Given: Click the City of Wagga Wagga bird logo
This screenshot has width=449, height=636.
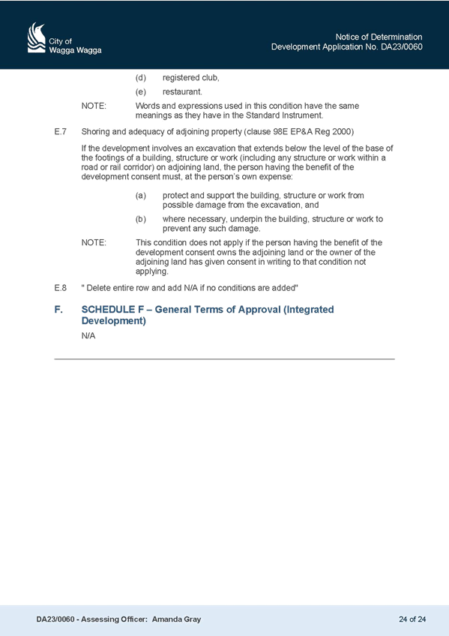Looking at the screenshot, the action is click(x=37, y=37).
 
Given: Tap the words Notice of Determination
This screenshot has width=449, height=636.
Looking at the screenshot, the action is click(x=379, y=37).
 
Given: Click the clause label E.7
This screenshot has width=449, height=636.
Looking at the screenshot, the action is click(x=61, y=131).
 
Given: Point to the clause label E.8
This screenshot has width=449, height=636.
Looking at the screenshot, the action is click(x=61, y=288).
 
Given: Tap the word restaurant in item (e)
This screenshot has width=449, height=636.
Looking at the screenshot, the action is click(x=182, y=91).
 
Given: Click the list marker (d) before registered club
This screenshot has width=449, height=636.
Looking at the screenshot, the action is click(x=141, y=77).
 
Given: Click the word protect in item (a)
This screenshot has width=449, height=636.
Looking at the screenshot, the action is click(x=175, y=196).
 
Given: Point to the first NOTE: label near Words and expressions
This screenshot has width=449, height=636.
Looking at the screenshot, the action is click(x=94, y=106).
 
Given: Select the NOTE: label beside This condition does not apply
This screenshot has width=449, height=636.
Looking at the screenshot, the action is click(x=94, y=242).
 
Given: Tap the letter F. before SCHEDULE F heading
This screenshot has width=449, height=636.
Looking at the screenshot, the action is click(x=58, y=310).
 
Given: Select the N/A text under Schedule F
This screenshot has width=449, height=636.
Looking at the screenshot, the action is click(x=88, y=336).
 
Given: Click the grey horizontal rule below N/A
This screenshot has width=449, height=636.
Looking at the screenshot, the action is click(x=225, y=359).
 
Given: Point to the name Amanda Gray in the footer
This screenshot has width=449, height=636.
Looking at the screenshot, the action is click(x=176, y=619).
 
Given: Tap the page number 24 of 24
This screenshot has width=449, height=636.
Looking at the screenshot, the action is click(x=412, y=619).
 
